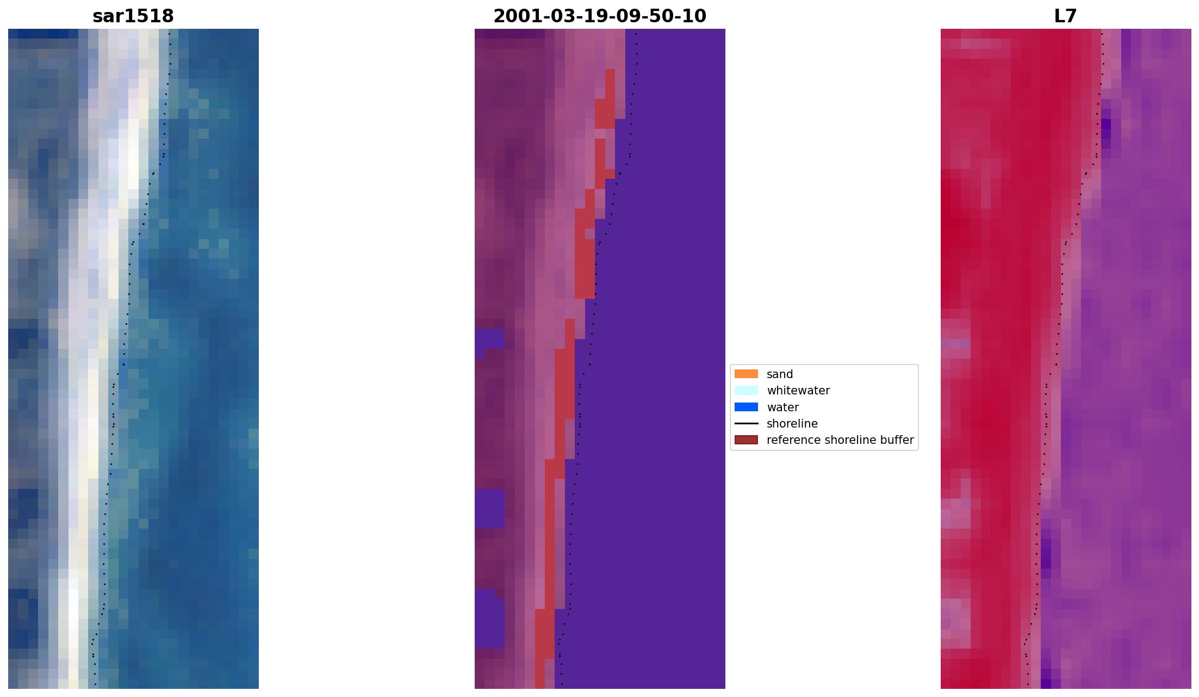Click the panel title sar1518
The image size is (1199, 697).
(133, 16)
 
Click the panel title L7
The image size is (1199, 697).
(1065, 16)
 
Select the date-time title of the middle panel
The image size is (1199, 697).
(600, 16)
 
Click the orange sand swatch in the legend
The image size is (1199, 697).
(746, 374)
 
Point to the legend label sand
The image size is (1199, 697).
(780, 374)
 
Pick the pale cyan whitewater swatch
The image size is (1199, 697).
(746, 391)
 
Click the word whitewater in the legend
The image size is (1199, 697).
(798, 391)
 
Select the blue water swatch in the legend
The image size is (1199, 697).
(746, 407)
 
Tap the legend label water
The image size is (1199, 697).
(782, 407)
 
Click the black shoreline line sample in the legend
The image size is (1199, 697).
(746, 424)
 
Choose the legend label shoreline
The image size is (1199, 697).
(792, 424)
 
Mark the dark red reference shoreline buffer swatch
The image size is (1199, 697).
(746, 440)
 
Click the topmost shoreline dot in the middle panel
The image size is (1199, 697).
(636, 34)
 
